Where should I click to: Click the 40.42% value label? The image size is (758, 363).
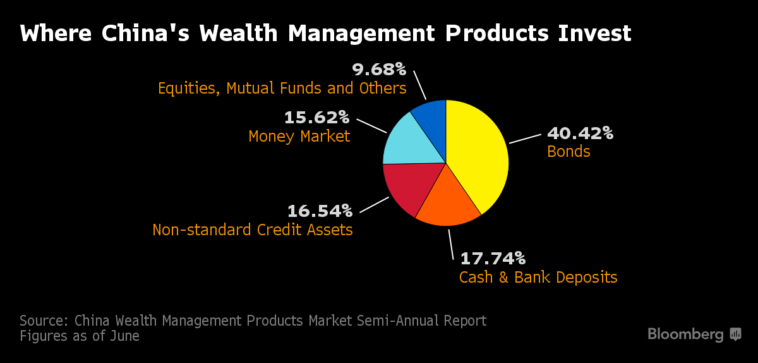[580, 133]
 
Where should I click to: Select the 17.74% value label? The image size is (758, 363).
[492, 258]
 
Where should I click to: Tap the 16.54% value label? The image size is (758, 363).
[320, 210]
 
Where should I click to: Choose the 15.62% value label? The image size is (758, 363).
[316, 117]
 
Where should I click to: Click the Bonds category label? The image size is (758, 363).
[568, 152]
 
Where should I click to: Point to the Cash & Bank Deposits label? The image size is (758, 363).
[538, 277]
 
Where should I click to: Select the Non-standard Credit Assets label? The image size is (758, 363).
[253, 229]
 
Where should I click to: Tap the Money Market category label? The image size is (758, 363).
[299, 136]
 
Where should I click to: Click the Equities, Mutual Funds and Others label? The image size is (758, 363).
[282, 87]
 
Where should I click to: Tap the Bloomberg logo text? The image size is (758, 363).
[685, 334]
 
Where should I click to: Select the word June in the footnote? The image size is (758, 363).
[124, 336]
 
